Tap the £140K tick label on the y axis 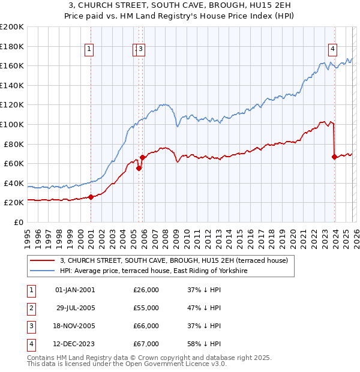[12, 85]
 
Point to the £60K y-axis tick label [14, 163]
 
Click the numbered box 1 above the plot [89, 50]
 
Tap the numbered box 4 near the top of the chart [332, 50]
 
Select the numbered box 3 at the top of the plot [141, 50]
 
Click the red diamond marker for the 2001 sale [91, 197]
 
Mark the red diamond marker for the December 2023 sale [334, 157]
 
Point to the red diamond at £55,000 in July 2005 [139, 169]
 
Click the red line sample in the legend [43, 260]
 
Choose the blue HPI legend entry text [154, 271]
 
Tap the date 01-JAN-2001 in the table [74, 290]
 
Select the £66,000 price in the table [146, 326]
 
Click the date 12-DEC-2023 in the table [74, 344]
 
